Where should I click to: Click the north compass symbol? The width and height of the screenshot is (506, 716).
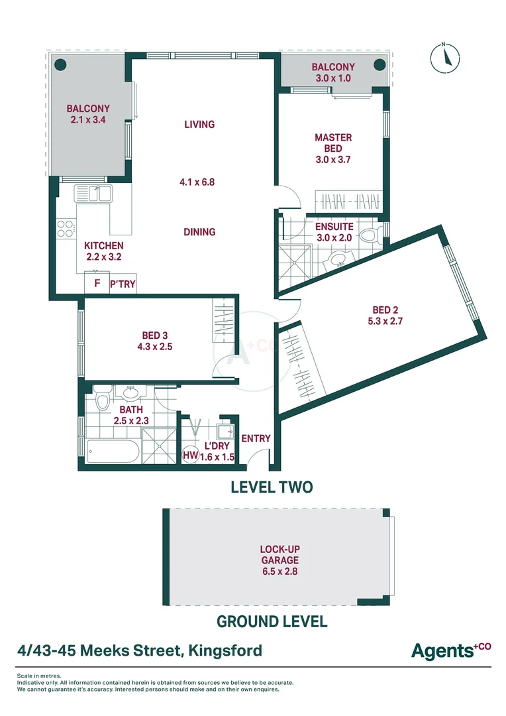click(445, 58)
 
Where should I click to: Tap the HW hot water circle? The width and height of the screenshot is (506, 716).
click(191, 455)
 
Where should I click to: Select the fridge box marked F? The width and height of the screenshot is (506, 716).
click(97, 283)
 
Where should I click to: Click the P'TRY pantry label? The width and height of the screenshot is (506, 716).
click(123, 284)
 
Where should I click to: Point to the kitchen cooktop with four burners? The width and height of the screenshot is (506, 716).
click(66, 229)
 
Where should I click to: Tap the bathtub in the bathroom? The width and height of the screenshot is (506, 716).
click(113, 451)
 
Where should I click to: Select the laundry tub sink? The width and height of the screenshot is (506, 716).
click(225, 431)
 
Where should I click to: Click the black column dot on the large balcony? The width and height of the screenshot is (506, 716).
click(61, 65)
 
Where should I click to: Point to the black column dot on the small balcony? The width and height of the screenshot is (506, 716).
click(379, 65)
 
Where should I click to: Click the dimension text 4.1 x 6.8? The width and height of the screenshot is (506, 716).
click(197, 182)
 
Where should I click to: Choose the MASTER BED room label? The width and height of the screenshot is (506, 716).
click(333, 143)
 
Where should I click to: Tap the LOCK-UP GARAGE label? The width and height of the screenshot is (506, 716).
click(280, 555)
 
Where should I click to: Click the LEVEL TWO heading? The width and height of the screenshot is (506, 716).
click(272, 487)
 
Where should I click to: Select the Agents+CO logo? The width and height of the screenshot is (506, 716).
click(451, 650)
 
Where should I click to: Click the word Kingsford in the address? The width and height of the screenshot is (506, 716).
click(225, 650)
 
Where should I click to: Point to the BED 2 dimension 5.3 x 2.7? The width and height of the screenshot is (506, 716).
click(385, 321)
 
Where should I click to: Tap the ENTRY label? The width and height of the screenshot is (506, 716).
click(256, 438)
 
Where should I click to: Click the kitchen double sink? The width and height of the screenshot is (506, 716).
click(93, 194)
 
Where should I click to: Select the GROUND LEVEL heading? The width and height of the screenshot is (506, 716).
click(272, 621)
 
